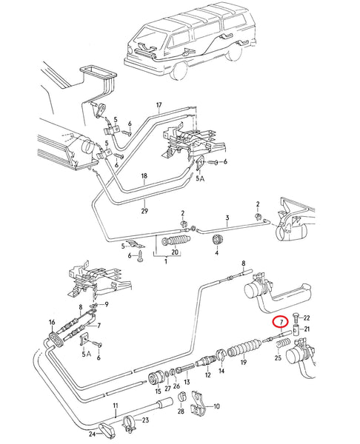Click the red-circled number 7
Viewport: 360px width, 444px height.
click(x=281, y=322)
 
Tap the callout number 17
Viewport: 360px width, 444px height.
click(x=159, y=105)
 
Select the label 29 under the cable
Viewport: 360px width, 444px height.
click(x=144, y=211)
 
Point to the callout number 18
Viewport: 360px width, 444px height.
click(x=144, y=176)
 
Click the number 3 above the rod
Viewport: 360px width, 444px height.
click(x=227, y=218)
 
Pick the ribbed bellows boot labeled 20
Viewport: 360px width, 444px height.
click(x=175, y=241)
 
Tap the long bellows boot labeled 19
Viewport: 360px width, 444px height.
click(x=244, y=348)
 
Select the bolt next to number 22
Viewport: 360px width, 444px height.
click(x=296, y=319)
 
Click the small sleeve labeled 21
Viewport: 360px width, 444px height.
click(x=296, y=330)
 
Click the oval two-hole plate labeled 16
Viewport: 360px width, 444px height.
click(x=56, y=339)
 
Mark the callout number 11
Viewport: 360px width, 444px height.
click(x=116, y=406)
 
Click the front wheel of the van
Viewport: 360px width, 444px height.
click(x=178, y=69)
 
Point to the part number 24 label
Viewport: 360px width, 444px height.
click(x=92, y=434)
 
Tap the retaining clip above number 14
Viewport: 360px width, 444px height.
click(x=221, y=356)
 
